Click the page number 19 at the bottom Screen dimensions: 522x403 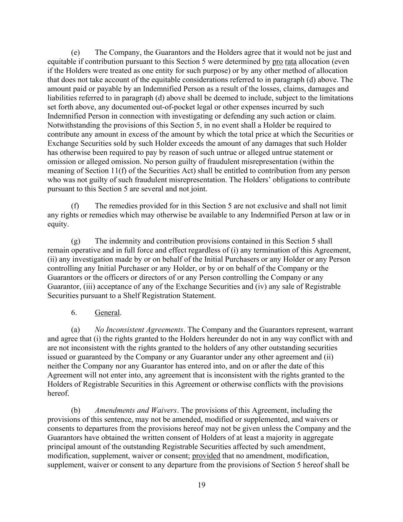(202, 485)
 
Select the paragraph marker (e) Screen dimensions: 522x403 (75, 52)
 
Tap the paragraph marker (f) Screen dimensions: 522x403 (75, 206)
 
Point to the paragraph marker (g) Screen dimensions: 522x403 (75, 241)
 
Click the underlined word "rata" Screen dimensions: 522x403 (291, 62)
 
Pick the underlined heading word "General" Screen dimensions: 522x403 (107, 312)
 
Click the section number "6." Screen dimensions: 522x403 (74, 312)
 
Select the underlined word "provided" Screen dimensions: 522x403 (206, 456)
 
